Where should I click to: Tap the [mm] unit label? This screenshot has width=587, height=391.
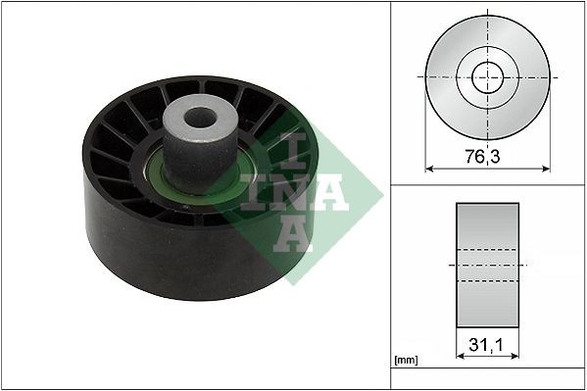[x=405, y=360]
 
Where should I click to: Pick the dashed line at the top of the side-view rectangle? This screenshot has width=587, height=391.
[x=487, y=251]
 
